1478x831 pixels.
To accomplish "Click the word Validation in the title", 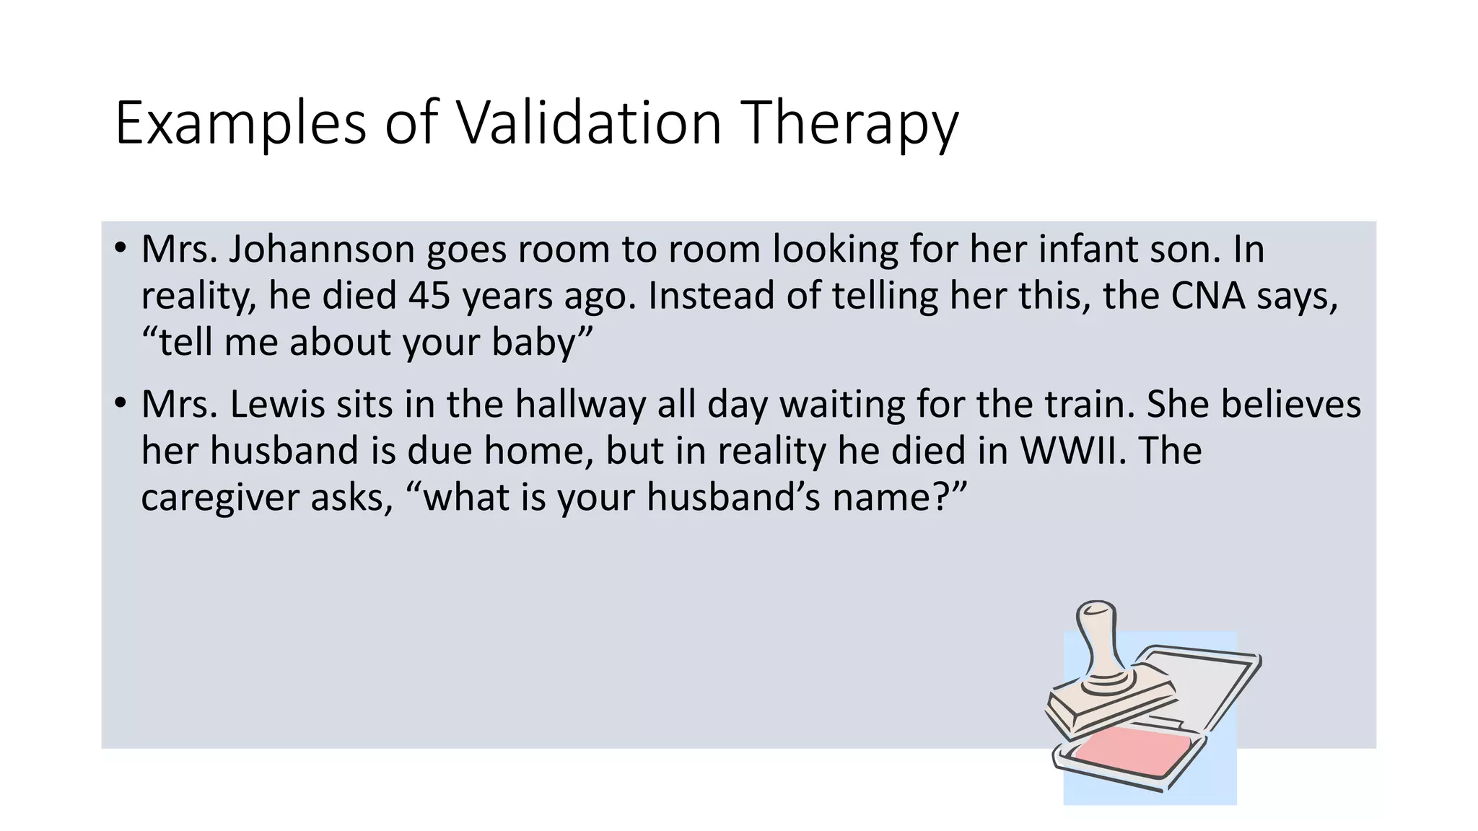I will [590, 123].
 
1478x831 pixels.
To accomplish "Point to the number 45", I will [429, 296].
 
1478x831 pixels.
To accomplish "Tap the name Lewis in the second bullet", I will [276, 404].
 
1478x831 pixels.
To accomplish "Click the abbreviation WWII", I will [1073, 451].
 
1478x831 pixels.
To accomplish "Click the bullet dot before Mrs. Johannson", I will [121, 248].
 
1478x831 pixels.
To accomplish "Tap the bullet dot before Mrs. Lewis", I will [121, 403].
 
